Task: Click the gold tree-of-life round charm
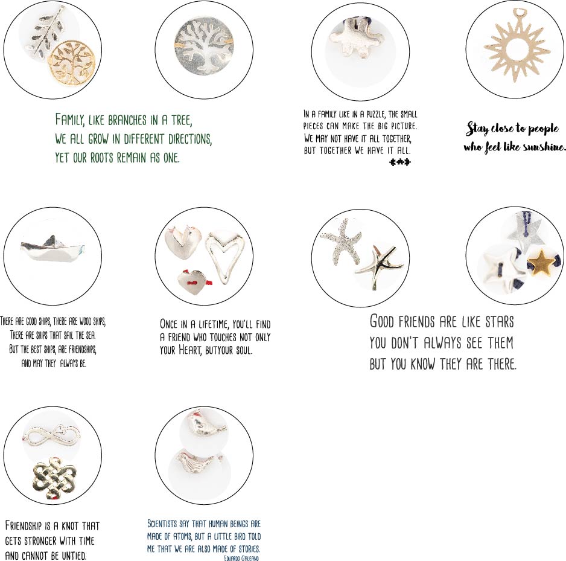pos(72,63)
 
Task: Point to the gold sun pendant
pos(517,45)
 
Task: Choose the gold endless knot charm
pos(54,478)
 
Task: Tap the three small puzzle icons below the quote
pos(400,162)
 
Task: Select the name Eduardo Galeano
pos(241,558)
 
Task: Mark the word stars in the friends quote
pos(499,321)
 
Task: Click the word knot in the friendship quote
pos(69,525)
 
